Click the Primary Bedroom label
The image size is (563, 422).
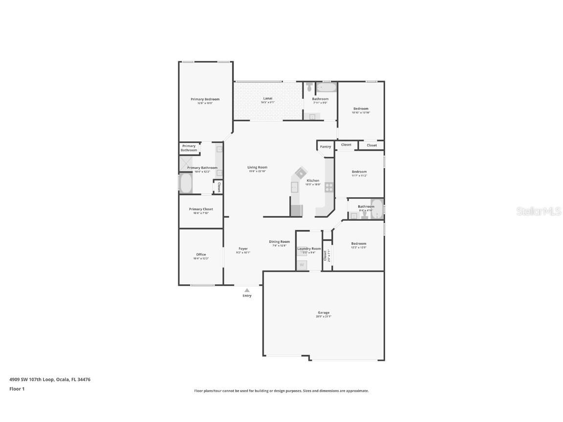pyautogui.click(x=205, y=99)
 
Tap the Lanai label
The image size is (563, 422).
pyautogui.click(x=267, y=98)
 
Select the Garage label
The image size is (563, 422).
pyautogui.click(x=324, y=313)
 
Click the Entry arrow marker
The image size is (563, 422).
pyautogui.click(x=247, y=290)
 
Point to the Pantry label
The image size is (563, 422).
pyautogui.click(x=325, y=147)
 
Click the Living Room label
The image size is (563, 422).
pyautogui.click(x=257, y=168)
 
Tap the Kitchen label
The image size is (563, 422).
pyautogui.click(x=313, y=180)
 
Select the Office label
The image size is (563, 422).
pyautogui.click(x=201, y=254)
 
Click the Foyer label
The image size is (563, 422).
pyautogui.click(x=243, y=249)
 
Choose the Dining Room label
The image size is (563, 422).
pyautogui.click(x=279, y=242)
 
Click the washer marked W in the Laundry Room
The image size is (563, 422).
pyautogui.click(x=302, y=265)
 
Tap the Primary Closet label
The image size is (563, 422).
pyautogui.click(x=201, y=209)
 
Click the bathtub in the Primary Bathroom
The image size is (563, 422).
pyautogui.click(x=186, y=184)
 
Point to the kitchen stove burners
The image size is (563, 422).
pyautogui.click(x=329, y=187)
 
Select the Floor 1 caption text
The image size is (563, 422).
pyautogui.click(x=17, y=389)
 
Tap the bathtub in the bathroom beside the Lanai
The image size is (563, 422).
pyautogui.click(x=326, y=88)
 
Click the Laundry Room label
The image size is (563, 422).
pyautogui.click(x=309, y=249)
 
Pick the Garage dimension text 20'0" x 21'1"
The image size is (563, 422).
pyautogui.click(x=324, y=316)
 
